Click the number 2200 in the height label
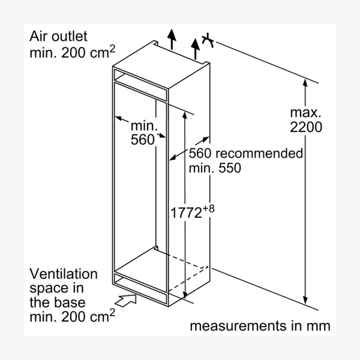point(306,127)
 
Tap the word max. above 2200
point(306,112)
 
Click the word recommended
point(260,154)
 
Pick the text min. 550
point(215,168)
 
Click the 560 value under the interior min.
point(142,140)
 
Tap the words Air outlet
point(59,36)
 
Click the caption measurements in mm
point(259,326)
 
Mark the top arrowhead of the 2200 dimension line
point(306,85)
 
